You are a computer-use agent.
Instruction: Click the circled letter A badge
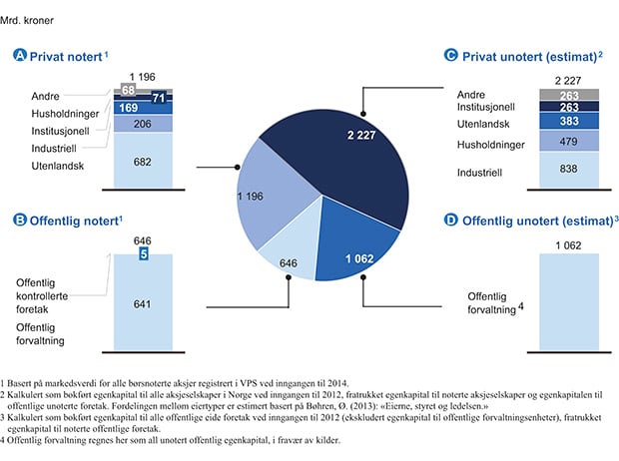pyautogui.click(x=19, y=58)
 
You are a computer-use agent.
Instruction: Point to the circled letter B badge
pyautogui.click(x=19, y=218)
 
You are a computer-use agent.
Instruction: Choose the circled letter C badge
pyautogui.click(x=451, y=58)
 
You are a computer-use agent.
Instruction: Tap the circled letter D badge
pyautogui.click(x=451, y=218)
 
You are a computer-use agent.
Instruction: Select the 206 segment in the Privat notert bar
pyautogui.click(x=143, y=125)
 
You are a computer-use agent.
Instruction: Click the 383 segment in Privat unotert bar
pyautogui.click(x=569, y=121)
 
